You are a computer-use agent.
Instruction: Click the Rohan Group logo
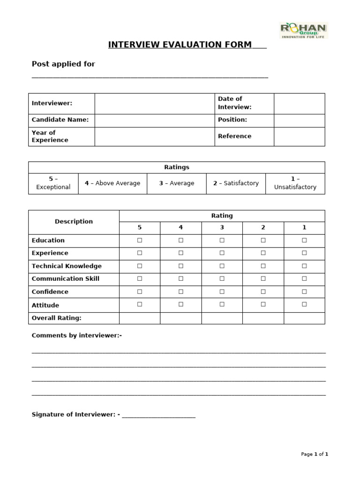304,30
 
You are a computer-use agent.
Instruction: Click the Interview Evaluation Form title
180,45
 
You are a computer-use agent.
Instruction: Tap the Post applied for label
63,64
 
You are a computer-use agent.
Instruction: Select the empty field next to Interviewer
155,103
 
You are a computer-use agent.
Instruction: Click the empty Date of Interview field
299,103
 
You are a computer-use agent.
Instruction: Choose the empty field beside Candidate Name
155,120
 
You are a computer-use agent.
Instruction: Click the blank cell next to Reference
299,136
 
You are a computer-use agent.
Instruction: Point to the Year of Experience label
50,136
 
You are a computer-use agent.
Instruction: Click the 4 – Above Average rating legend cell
112,183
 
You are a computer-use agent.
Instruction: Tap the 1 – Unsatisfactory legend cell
295,183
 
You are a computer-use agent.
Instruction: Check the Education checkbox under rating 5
139,240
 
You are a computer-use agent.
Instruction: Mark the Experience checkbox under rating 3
222,253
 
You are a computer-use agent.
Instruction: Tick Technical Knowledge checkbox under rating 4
180,266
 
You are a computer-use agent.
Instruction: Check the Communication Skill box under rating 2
263,279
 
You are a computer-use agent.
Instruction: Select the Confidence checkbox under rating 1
304,292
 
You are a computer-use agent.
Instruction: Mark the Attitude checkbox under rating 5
139,304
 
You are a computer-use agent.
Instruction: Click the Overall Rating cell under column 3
222,318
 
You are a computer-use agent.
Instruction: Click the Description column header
74,222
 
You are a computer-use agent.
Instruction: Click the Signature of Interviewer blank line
158,415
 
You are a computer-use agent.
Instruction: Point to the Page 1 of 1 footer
315,454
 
